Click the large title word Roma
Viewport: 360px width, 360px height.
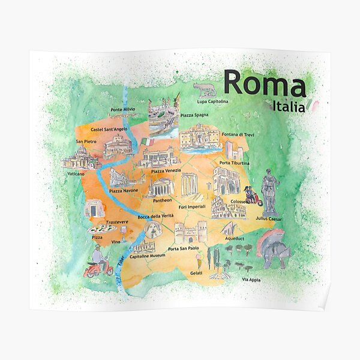tap(265, 84)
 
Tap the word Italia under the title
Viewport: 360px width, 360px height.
tap(287, 107)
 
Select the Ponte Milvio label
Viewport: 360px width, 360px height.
tap(122, 110)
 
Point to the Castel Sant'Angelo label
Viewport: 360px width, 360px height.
tap(109, 129)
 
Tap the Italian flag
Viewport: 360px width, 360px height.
tap(148, 142)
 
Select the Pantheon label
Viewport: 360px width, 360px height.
tap(162, 200)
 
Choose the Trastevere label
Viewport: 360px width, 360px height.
tap(116, 221)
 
